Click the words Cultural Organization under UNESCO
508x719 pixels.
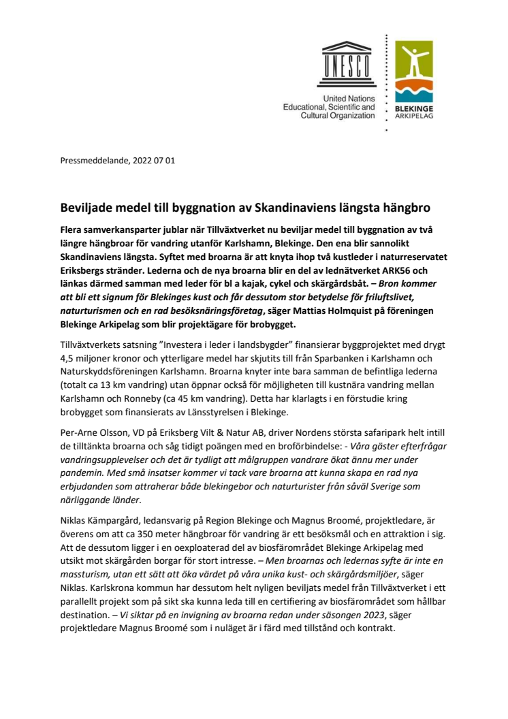click(x=338, y=116)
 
